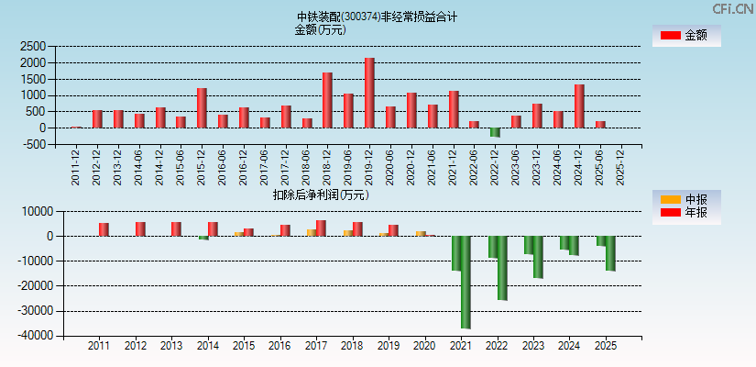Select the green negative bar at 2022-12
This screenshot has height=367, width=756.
495,132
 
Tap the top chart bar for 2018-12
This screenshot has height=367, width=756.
327,100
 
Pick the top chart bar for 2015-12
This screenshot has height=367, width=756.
202,108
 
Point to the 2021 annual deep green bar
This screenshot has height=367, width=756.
466,282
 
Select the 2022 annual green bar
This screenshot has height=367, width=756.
502,268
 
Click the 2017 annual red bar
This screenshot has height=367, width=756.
321,228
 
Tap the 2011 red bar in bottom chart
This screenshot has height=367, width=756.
104,229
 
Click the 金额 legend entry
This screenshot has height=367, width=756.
686,35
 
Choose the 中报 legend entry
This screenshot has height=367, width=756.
686,199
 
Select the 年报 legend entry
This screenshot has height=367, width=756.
686,213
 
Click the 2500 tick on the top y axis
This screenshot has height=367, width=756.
33,46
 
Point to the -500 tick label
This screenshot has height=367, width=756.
33,145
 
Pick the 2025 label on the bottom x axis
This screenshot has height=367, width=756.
606,347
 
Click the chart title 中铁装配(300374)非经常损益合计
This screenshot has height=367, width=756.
377,17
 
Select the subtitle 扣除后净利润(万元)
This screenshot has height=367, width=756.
320,195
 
